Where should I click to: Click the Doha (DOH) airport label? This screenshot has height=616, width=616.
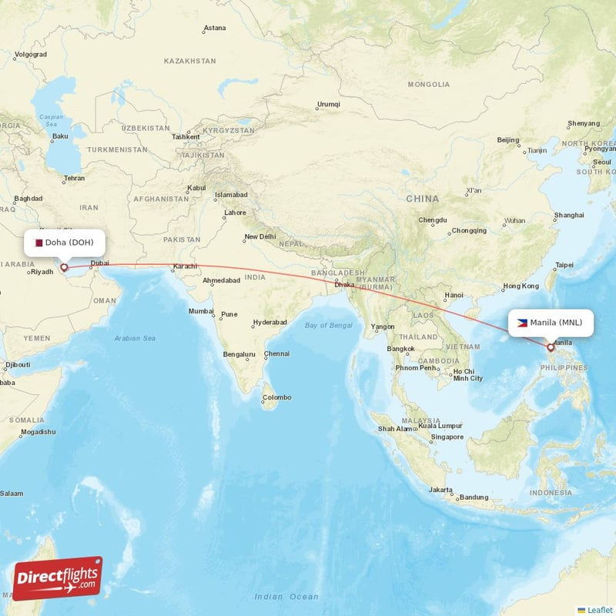point(64,243)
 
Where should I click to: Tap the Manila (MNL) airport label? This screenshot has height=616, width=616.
point(551,323)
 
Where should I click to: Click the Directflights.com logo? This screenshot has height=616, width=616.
point(57,578)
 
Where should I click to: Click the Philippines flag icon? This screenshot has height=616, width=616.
point(522,323)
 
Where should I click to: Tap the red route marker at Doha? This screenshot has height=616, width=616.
point(64,268)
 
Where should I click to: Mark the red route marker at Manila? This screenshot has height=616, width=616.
point(551,348)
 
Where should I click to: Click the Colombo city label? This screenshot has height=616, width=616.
point(276,397)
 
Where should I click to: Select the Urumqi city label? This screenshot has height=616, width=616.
point(328,105)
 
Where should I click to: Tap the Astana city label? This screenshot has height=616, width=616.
point(214,28)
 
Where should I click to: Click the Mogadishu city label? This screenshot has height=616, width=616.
point(38,432)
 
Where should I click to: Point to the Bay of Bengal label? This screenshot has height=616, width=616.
point(328,326)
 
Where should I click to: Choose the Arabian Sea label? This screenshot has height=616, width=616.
point(135,338)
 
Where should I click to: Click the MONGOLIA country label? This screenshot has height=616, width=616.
point(428,84)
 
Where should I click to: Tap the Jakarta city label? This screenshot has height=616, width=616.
point(440,490)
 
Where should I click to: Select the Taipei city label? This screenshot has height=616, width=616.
point(564,265)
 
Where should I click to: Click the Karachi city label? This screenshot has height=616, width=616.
point(185,267)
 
